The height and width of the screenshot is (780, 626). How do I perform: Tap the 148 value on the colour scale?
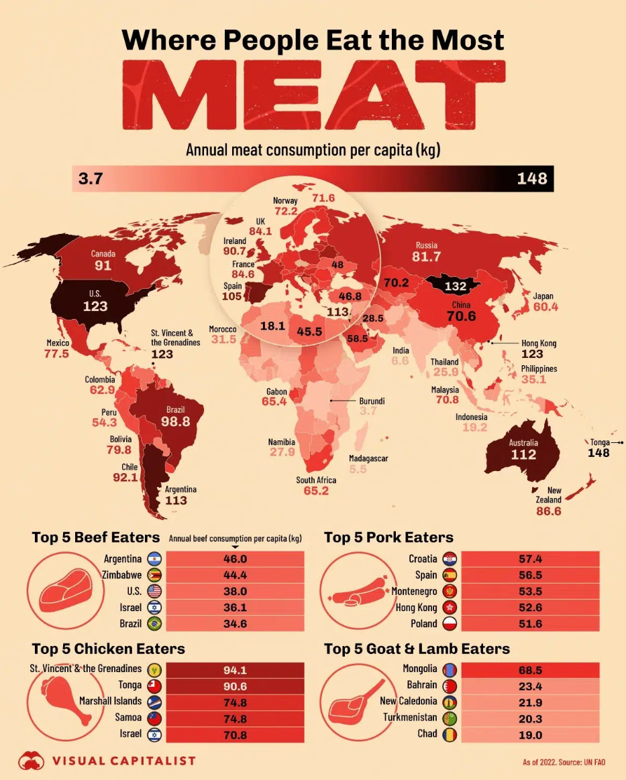(532, 179)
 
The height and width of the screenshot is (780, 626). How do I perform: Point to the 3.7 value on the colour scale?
(90, 179)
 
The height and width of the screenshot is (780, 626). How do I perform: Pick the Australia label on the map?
(523, 443)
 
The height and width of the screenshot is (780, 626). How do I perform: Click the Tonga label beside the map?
(600, 442)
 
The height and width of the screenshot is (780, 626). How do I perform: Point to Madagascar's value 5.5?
(358, 470)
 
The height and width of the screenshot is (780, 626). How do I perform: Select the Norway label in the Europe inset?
(285, 200)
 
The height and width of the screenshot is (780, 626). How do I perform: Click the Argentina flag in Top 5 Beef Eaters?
(154, 559)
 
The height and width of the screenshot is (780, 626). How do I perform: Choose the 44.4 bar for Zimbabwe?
(235, 575)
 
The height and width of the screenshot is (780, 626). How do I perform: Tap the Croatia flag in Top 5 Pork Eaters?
(450, 559)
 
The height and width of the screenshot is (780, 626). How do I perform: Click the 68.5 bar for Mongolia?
(530, 669)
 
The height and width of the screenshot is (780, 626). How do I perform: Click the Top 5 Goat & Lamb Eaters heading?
(417, 649)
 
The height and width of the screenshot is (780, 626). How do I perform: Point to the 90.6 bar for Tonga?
(235, 686)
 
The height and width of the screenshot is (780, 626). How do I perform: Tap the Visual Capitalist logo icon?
(28, 760)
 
